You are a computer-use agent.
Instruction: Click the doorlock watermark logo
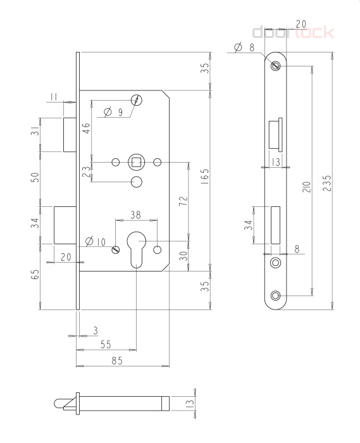tap(293, 32)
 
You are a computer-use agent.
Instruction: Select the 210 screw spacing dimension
tap(307, 187)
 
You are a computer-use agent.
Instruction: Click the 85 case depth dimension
tap(117, 361)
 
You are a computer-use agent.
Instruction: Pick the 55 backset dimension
tap(106, 344)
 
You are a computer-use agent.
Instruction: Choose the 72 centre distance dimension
tap(183, 201)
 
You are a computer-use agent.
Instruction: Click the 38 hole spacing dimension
tap(135, 215)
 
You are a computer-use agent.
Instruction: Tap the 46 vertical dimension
tap(86, 128)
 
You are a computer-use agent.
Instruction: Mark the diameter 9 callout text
tap(113, 112)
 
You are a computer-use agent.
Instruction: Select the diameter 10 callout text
tap(95, 242)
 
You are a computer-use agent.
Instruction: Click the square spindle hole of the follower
tap(137, 162)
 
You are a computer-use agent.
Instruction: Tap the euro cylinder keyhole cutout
tap(136, 249)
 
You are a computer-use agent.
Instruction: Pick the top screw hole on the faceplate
tap(275, 66)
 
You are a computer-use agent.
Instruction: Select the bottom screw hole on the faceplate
tap(275, 296)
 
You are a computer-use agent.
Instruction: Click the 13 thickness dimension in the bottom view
tap(190, 402)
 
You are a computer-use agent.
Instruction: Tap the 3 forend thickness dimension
tap(96, 330)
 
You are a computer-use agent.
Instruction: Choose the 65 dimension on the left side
tap(35, 274)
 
